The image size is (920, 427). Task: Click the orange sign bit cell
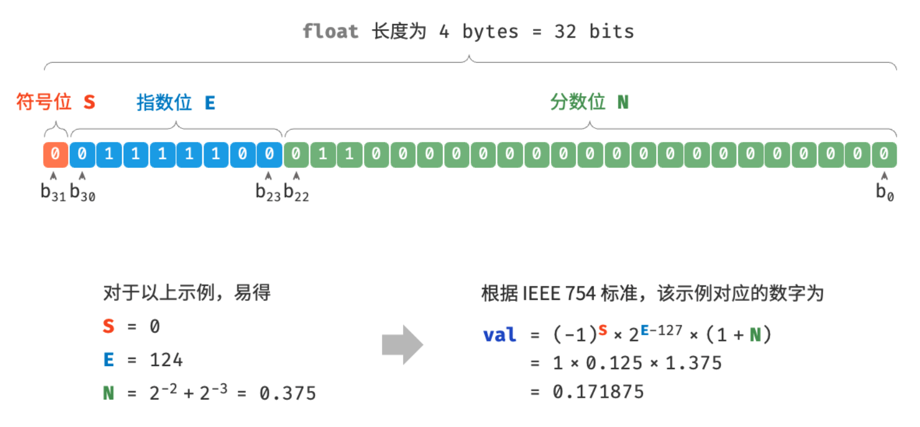pos(55,155)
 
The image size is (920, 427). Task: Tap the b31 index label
pos(53,193)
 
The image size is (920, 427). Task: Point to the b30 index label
pos(82,193)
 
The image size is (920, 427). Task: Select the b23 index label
pos(268,193)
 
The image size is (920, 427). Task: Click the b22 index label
pos(296,193)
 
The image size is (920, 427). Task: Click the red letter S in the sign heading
pos(89,103)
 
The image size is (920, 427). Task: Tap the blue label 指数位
pos(164,103)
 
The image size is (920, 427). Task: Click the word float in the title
pos(330,31)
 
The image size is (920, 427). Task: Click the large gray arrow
pos(402,345)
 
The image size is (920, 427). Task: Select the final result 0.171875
pos(598,391)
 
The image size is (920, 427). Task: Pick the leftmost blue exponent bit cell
pos(82,155)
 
